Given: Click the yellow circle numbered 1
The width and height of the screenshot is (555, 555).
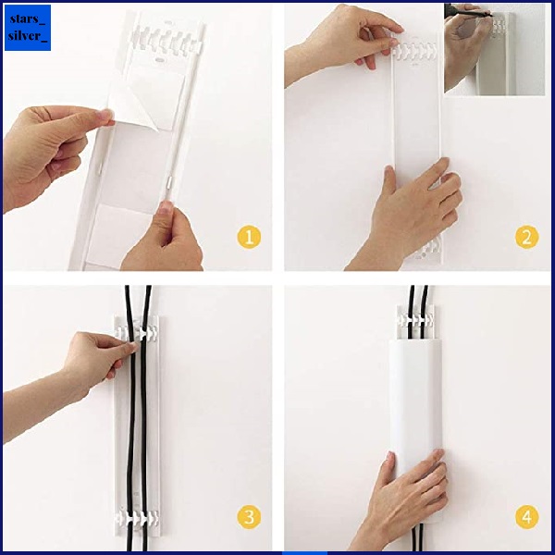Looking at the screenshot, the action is click(x=249, y=237).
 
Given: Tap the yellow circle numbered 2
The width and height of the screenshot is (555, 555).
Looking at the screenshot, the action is click(x=526, y=237).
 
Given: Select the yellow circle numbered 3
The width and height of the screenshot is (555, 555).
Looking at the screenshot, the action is click(x=249, y=517).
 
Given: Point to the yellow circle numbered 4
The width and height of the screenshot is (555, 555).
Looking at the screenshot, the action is click(x=526, y=517).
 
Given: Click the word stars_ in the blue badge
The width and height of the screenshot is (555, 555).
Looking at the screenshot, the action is click(x=28, y=18).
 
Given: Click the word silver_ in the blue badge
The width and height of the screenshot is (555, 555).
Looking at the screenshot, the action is click(x=28, y=36).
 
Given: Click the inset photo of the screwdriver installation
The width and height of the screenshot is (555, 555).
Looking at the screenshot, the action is click(x=494, y=50).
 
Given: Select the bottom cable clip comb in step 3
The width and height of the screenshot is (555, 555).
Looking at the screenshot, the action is click(x=137, y=518).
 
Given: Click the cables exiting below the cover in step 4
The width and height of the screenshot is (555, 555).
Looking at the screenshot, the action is click(x=416, y=537).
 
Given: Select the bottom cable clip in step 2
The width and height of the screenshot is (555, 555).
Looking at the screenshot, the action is click(x=430, y=249).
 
